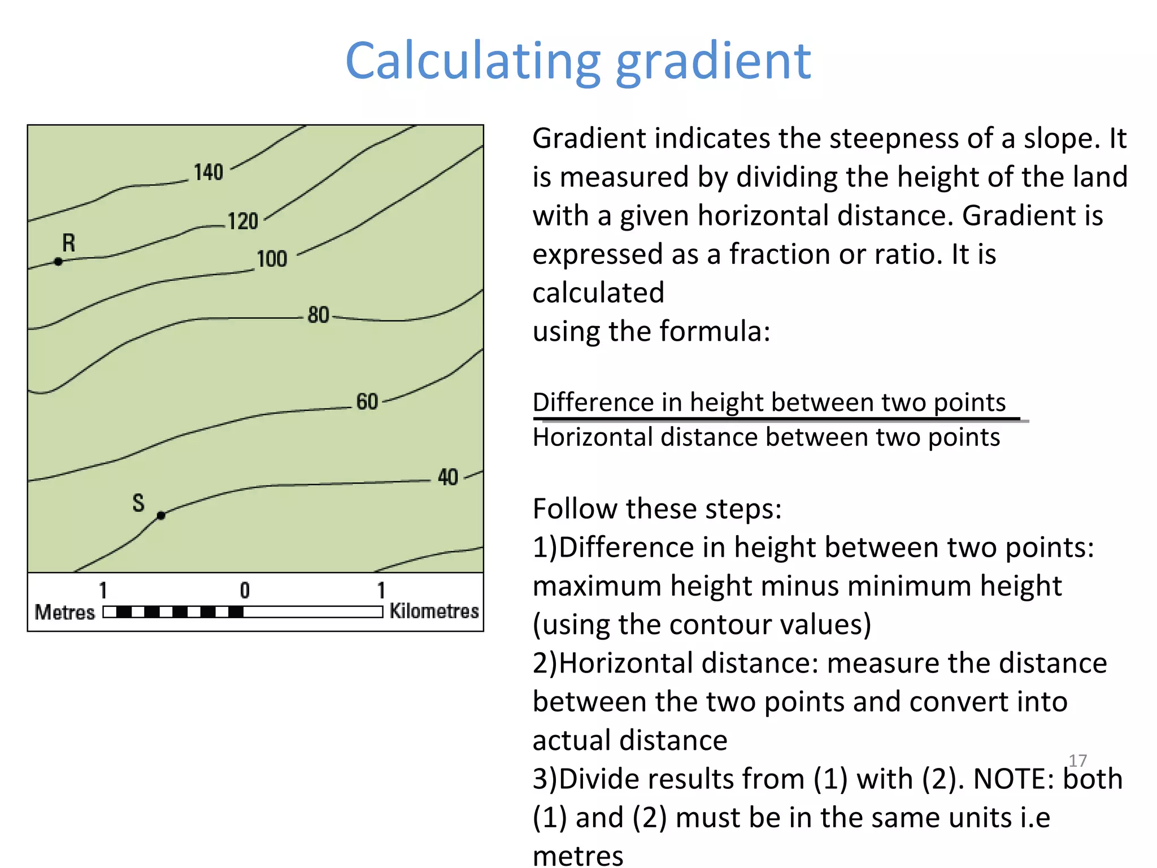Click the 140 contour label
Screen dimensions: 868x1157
coord(208,172)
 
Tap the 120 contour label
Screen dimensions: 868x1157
coord(243,221)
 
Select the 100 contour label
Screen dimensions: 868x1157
coord(272,259)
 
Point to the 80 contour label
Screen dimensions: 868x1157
coord(319,315)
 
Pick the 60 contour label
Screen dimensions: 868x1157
coord(367,401)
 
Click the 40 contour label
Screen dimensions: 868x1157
coord(448,477)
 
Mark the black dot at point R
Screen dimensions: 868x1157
coord(58,262)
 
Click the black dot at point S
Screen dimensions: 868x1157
coord(161,515)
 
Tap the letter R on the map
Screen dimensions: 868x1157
coord(68,243)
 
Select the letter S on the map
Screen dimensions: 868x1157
coord(138,502)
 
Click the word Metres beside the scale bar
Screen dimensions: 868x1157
coord(65,613)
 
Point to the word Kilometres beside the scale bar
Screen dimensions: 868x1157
coord(434,611)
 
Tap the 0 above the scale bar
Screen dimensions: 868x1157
coord(245,591)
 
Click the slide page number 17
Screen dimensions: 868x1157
coord(1077,761)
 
